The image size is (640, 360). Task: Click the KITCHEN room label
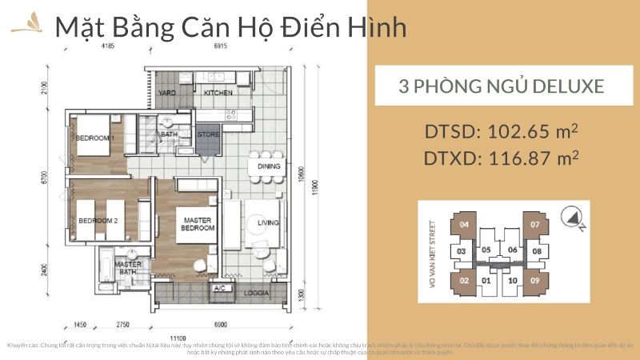click(218, 93)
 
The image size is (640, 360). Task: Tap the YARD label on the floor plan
click(167, 93)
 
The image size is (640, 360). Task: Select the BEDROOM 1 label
click(96, 138)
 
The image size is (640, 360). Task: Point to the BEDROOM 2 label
click(98, 220)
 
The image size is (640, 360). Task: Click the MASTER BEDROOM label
click(197, 223)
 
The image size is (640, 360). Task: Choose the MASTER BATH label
click(128, 268)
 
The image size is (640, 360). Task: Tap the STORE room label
click(208, 134)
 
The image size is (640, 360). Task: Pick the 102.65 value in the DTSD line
click(522, 132)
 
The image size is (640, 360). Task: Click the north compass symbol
click(574, 215)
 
